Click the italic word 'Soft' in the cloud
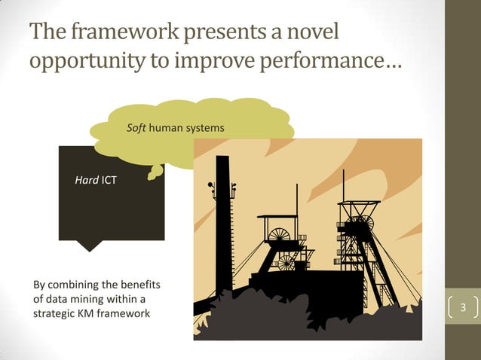coord(136,129)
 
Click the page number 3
coord(464,308)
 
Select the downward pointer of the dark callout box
coord(90,246)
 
